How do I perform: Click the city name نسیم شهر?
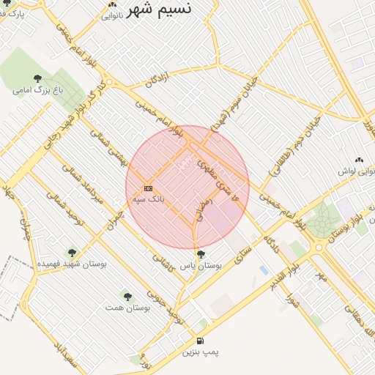[x=160, y=10]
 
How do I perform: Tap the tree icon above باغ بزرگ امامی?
[x=37, y=78]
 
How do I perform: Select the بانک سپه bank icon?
[x=148, y=188]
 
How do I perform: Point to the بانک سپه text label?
[x=149, y=198]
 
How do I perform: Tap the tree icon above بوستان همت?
[x=127, y=297]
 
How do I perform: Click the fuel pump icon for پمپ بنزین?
[x=200, y=341]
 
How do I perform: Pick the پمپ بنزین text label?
[x=200, y=353]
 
